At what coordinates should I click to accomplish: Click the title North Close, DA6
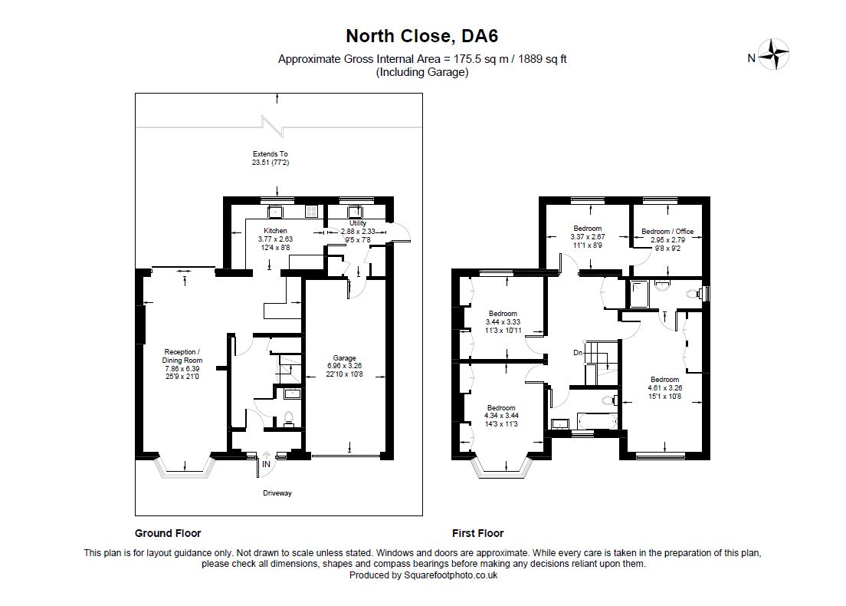pyautogui.click(x=422, y=36)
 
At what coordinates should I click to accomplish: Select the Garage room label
pyautogui.click(x=344, y=358)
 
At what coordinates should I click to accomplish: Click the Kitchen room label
pyautogui.click(x=275, y=231)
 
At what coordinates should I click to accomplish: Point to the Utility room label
pyautogui.click(x=358, y=223)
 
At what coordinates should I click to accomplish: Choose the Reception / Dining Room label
pyautogui.click(x=182, y=356)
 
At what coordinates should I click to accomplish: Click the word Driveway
pyautogui.click(x=277, y=493)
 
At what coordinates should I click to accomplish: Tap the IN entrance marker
pyautogui.click(x=266, y=465)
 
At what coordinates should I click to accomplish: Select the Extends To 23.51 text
pyautogui.click(x=270, y=158)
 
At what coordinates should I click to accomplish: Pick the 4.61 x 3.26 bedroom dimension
pyautogui.click(x=664, y=388)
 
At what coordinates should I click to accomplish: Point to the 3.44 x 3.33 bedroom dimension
pyautogui.click(x=503, y=322)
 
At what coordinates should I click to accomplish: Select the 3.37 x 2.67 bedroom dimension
pyautogui.click(x=589, y=237)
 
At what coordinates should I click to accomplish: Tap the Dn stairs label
pyautogui.click(x=578, y=353)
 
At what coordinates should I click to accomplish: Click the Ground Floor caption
pyautogui.click(x=168, y=533)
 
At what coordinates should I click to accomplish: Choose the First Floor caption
pyautogui.click(x=477, y=533)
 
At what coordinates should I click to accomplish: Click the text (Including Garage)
pyautogui.click(x=422, y=72)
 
